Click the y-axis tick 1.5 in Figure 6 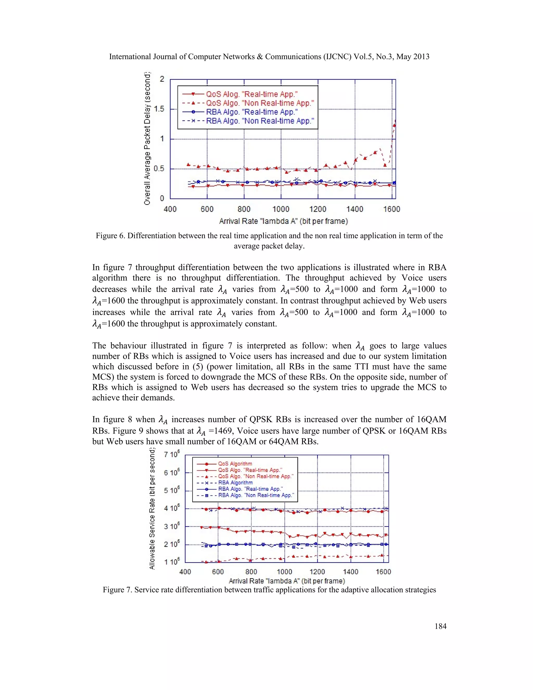159,109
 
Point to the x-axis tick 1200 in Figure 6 318,209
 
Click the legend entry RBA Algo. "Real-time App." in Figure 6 252,112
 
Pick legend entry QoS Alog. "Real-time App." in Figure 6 252,94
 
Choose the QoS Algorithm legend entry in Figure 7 235,464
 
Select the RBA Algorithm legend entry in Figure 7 235,482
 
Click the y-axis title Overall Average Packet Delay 147,138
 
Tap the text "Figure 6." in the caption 110,236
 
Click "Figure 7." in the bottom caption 117,590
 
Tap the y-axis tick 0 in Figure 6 162,198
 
